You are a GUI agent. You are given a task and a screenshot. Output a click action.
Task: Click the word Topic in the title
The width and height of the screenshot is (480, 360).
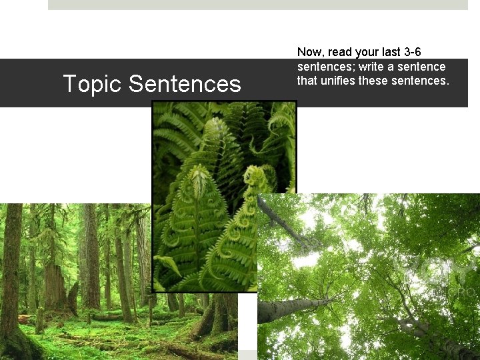tap(93, 84)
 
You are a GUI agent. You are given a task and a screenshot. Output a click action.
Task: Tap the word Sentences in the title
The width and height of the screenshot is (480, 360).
tap(185, 84)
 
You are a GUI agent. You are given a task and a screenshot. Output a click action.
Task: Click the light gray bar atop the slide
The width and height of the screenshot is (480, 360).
tap(258, 5)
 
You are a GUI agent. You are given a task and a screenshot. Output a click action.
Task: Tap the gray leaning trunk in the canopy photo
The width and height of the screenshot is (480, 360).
tap(293, 308)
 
